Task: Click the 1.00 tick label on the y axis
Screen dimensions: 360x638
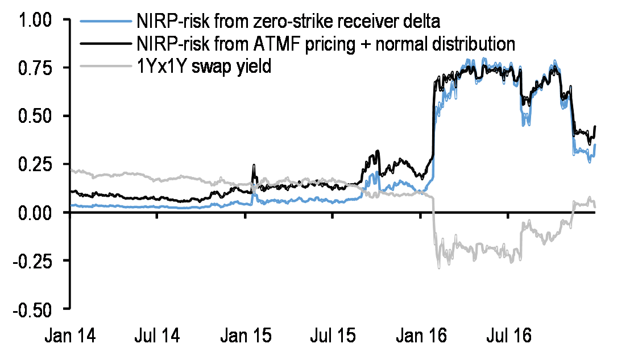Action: point(35,20)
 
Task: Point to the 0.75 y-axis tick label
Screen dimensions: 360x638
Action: point(35,68)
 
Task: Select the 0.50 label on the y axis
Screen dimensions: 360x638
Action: point(35,116)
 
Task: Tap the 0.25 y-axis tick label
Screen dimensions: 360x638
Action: point(35,164)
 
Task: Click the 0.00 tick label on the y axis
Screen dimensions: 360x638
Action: point(35,213)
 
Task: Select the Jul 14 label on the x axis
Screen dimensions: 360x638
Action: point(158,336)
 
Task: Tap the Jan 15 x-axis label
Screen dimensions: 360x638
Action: point(246,336)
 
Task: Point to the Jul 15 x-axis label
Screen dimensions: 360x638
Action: point(333,336)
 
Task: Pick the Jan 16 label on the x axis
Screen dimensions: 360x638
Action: point(421,336)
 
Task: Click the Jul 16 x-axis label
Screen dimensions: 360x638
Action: point(509,336)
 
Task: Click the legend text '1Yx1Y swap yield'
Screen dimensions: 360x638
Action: point(204,66)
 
